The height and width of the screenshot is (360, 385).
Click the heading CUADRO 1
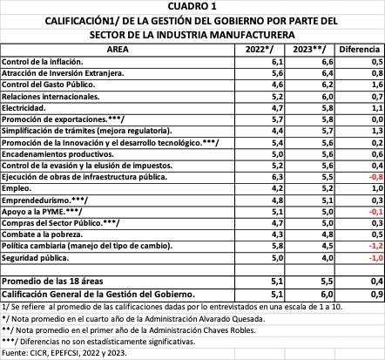click(x=192, y=6)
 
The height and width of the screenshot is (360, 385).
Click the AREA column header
click(x=121, y=51)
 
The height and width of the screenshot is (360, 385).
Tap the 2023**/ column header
click(x=309, y=51)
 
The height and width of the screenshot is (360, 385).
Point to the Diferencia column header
click(x=356, y=51)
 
